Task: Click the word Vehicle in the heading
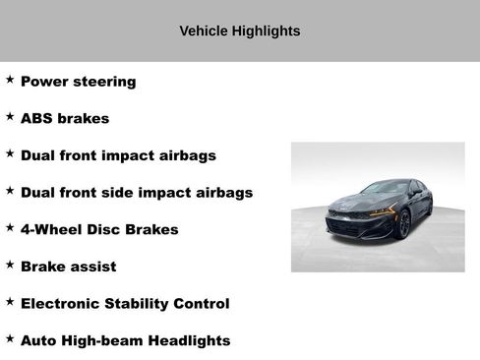pyautogui.click(x=204, y=31)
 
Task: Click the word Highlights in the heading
pyautogui.click(x=266, y=31)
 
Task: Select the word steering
pyautogui.click(x=102, y=82)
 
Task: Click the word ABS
pyautogui.click(x=36, y=118)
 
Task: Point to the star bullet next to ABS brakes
pyautogui.click(x=10, y=117)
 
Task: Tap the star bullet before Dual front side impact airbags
pyautogui.click(x=10, y=192)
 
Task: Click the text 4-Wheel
pyautogui.click(x=51, y=229)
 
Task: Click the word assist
pyautogui.click(x=93, y=267)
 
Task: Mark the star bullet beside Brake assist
pyautogui.click(x=10, y=266)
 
